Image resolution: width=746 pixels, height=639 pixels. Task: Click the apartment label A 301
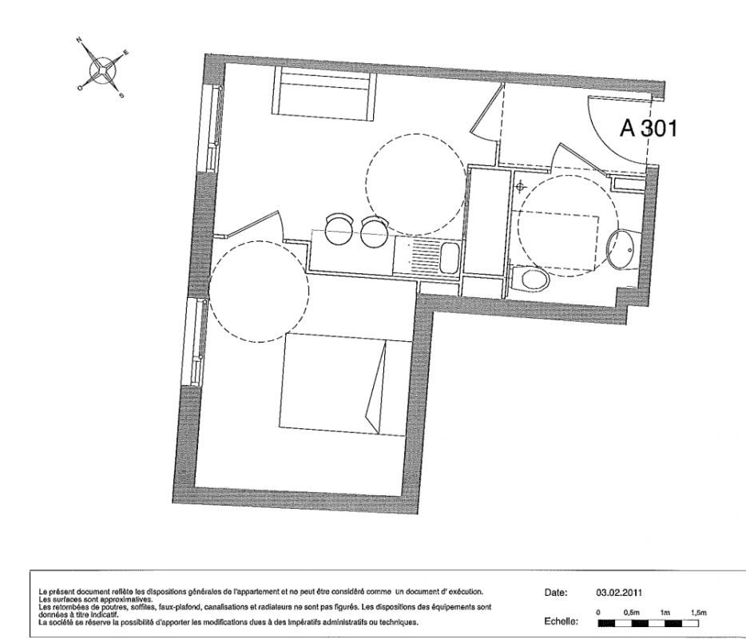pos(648,128)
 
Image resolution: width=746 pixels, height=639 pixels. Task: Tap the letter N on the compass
pos(79,40)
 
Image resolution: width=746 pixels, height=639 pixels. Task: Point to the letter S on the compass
pos(121,95)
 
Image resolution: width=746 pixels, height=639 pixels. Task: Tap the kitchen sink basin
pos(449,257)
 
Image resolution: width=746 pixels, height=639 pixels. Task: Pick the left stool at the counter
pos(339,229)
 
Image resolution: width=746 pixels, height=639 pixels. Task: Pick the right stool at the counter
pos(375,232)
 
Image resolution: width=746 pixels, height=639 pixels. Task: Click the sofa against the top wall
pos(324,90)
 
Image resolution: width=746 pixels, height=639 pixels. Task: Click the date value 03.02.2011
pos(619,593)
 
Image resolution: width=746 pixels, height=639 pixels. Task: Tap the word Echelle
pos(561,621)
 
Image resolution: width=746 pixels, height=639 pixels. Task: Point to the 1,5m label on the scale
pos(699,613)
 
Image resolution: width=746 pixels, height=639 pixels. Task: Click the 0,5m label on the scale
pos(631,613)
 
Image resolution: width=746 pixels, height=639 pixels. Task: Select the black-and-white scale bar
pos(648,623)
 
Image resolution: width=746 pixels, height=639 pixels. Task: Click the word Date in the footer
pos(556,593)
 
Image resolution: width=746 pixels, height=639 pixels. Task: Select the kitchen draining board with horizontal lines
pos(427,256)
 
